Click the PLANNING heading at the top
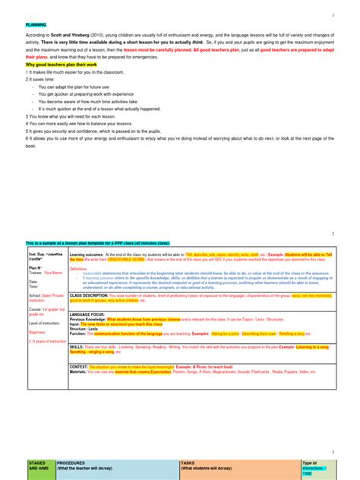coord(36,25)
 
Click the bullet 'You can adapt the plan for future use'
coord(75,87)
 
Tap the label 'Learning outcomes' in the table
coord(87,254)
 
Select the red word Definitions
coord(78,269)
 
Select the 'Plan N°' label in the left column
coord(35,267)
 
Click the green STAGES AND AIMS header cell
coord(39,466)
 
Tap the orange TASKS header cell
coord(220,466)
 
